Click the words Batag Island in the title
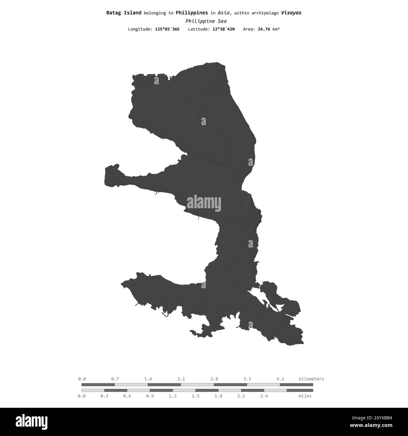click(124, 13)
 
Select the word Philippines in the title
click(191, 13)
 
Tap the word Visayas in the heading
click(291, 13)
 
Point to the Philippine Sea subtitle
click(206, 21)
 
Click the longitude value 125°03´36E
click(167, 29)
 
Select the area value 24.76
click(264, 29)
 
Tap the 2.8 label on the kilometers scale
click(214, 379)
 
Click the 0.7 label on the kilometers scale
click(115, 379)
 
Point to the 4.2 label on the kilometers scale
click(280, 379)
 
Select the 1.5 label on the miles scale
click(196, 396)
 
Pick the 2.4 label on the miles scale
click(264, 396)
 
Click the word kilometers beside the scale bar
click(311, 379)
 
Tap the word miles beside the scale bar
click(305, 396)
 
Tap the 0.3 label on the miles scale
click(104, 396)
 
